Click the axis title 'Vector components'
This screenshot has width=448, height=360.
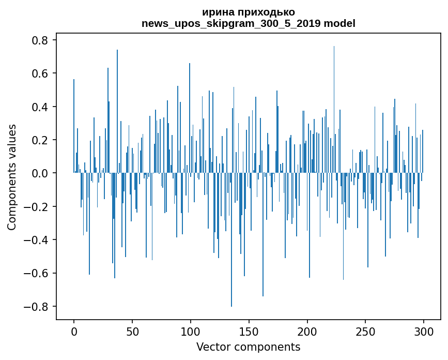248,347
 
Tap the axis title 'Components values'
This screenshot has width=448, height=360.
12,177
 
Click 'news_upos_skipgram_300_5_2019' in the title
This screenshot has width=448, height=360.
231,24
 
